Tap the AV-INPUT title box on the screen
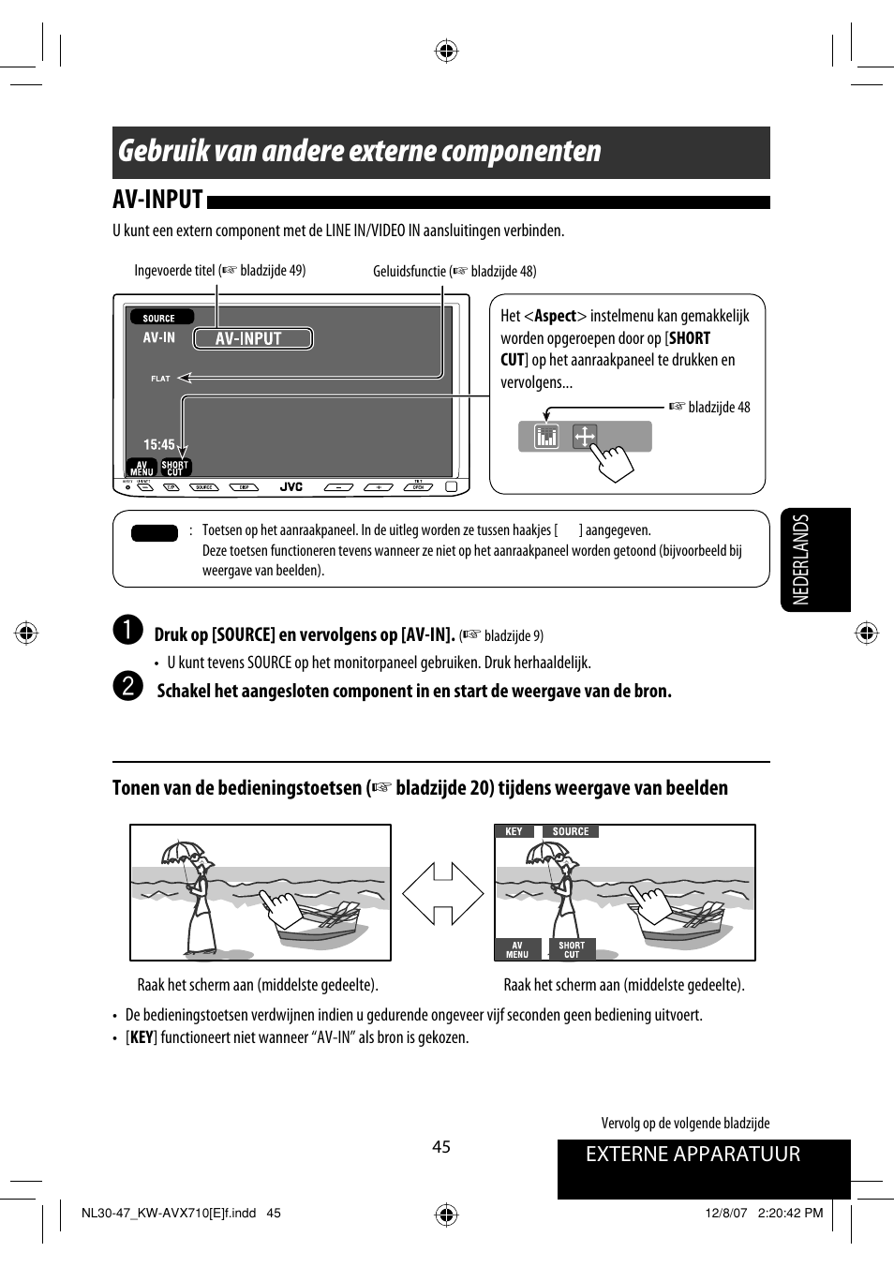click(x=252, y=338)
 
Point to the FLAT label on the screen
click(x=160, y=379)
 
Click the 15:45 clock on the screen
click(x=158, y=444)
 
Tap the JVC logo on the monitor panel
click(x=291, y=487)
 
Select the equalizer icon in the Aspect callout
click(x=546, y=436)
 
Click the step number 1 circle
click(x=127, y=631)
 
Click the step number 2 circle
click(x=127, y=686)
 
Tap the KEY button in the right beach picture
click(x=514, y=831)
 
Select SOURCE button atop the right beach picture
click(x=570, y=831)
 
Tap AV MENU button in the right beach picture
click(x=517, y=949)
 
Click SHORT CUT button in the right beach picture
click(x=572, y=949)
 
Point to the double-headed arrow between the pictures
click(x=442, y=893)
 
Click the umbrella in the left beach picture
click(x=183, y=852)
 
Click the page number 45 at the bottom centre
click(x=441, y=1146)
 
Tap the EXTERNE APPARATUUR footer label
click(x=693, y=1155)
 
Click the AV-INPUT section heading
click(x=158, y=200)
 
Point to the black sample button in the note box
click(x=155, y=533)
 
